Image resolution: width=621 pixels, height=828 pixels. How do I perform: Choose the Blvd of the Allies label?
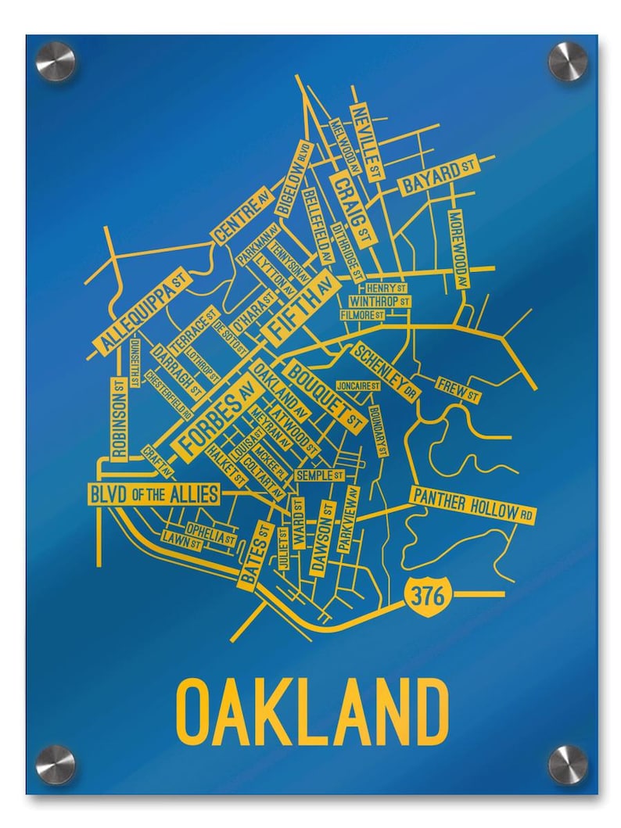point(153,494)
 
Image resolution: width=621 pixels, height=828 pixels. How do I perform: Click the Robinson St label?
point(119,419)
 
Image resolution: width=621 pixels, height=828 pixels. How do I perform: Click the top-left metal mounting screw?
point(56,60)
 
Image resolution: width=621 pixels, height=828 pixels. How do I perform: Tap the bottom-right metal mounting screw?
point(567,764)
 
